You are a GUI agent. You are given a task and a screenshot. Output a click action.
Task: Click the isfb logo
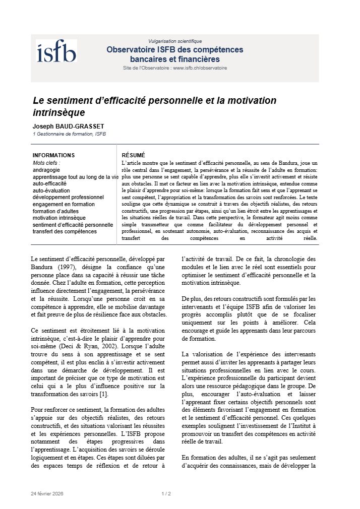click(56, 52)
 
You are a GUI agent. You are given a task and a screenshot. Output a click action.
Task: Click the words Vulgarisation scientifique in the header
click(175, 41)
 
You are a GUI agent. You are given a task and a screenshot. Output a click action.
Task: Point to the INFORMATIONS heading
click(53, 155)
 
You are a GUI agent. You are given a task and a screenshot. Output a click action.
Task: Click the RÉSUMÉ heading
click(134, 155)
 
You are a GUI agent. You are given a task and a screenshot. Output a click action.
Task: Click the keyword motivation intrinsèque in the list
click(59, 218)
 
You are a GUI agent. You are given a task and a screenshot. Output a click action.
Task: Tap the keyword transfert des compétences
click(65, 231)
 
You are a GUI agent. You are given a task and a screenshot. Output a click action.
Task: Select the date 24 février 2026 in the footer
click(47, 493)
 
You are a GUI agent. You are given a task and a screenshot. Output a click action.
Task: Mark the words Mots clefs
click(46, 163)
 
